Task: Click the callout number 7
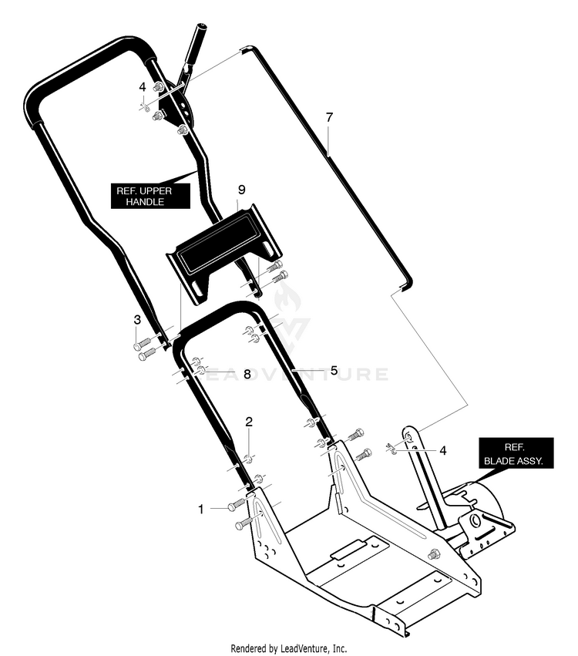pos(329,118)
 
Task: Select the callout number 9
pos(241,190)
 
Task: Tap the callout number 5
pos(334,371)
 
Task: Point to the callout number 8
pos(247,375)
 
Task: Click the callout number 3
pos(137,320)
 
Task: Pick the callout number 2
pos(249,422)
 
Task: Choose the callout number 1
pos(200,510)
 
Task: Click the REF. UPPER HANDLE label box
pos(150,197)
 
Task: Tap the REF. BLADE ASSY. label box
pos(516,453)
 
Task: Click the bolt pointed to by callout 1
pos(237,505)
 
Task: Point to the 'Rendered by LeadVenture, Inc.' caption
pos(288,648)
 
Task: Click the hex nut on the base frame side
pos(432,555)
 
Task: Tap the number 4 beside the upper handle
pos(143,87)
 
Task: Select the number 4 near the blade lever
pos(443,451)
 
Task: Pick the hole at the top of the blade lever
pos(408,438)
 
